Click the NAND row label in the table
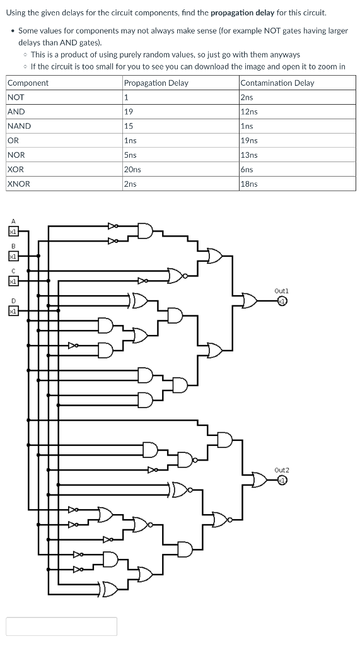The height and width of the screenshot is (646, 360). [19, 126]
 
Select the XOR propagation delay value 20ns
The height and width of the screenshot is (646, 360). [132, 170]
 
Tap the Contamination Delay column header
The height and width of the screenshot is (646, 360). [277, 83]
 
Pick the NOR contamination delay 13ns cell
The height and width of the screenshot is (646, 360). [249, 155]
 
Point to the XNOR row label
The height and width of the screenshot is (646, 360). [19, 184]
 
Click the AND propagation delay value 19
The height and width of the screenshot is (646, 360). [129, 112]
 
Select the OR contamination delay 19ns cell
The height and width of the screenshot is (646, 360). [249, 141]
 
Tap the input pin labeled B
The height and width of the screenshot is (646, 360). [12, 256]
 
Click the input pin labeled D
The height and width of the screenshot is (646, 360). [12, 310]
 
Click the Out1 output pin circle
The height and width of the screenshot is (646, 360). [282, 301]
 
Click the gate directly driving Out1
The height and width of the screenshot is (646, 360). [250, 301]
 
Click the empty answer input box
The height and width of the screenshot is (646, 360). [62, 626]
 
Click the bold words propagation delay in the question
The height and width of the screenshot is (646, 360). [243, 13]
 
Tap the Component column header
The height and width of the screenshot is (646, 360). [28, 83]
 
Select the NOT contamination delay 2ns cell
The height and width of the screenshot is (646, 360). [247, 97]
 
